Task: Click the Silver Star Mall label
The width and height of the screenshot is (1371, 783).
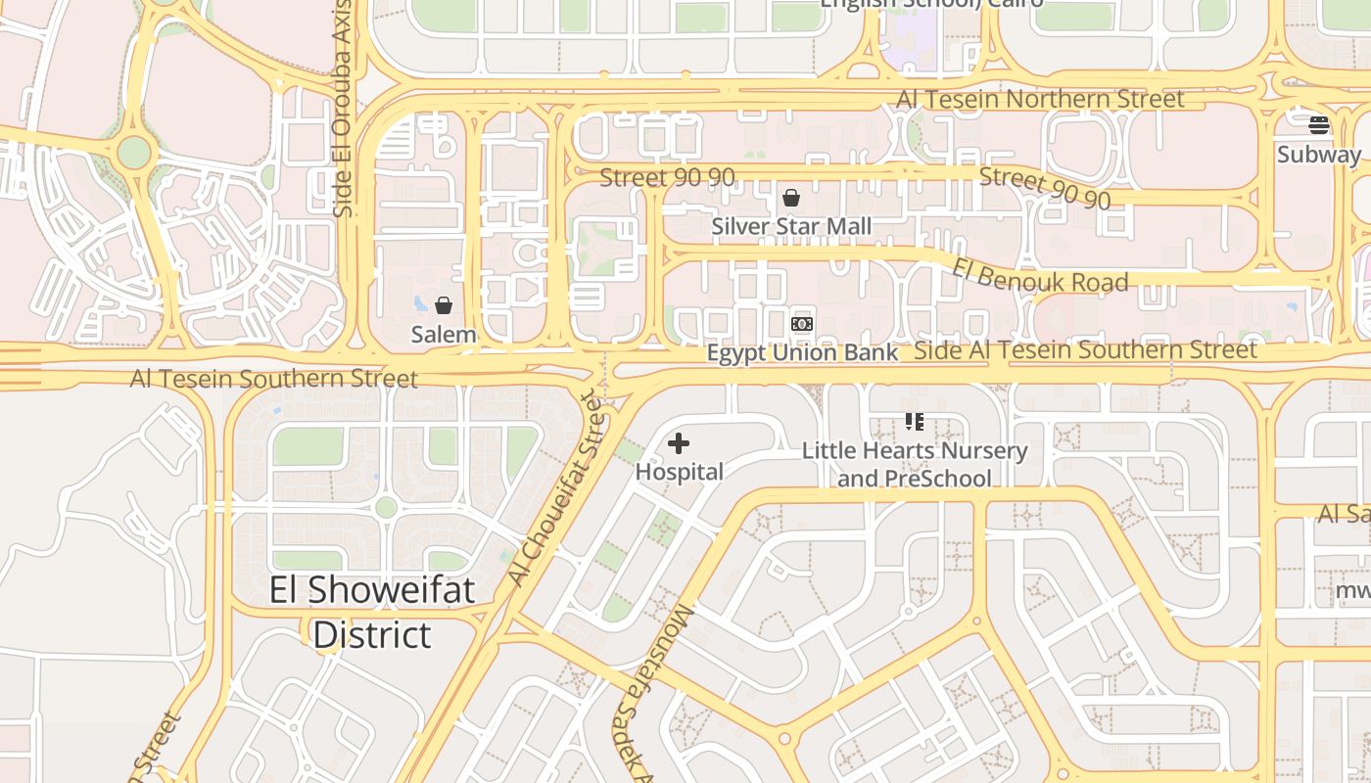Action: coord(791,226)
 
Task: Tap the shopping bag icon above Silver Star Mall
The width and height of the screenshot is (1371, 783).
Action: coord(791,199)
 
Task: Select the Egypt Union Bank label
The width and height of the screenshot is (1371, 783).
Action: coord(802,352)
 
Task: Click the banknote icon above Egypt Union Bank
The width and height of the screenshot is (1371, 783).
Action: coord(802,323)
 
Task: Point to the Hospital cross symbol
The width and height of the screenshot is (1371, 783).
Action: coord(679,444)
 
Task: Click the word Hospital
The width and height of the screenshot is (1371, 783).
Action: coord(679,472)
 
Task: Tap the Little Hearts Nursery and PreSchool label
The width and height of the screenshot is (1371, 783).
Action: coord(915,464)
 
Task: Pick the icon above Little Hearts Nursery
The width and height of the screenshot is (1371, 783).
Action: coord(914,422)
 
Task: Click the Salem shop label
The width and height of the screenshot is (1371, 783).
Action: coord(444,334)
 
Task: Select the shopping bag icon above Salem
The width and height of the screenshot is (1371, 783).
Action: coord(444,305)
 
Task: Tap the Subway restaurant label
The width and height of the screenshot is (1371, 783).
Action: coord(1319,154)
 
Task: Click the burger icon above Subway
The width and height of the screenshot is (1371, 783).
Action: coord(1319,125)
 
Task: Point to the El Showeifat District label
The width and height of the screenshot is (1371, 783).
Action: coord(372,612)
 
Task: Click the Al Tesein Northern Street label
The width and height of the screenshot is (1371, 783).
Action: coord(1040,99)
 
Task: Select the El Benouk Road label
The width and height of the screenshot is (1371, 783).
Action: coord(1040,274)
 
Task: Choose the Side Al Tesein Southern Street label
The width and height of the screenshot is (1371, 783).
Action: coord(1085,349)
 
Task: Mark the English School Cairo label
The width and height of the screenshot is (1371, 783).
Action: coord(930,4)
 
